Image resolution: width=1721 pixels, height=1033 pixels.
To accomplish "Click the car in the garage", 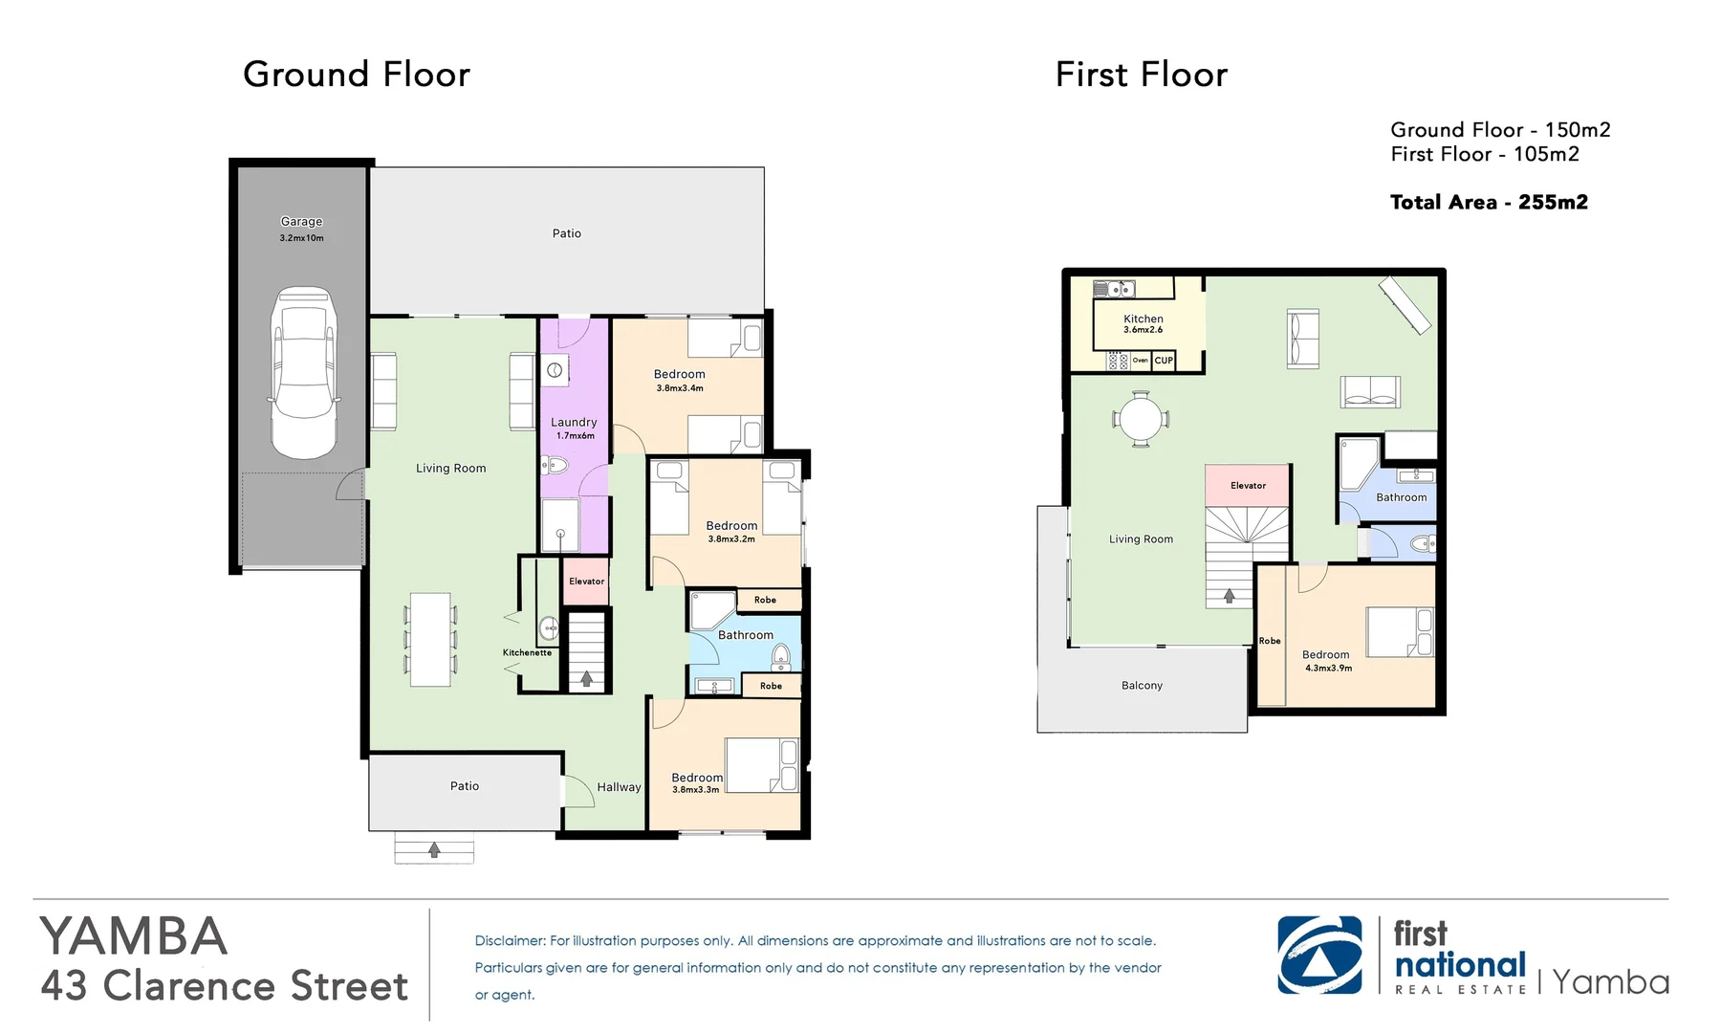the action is tap(305, 373).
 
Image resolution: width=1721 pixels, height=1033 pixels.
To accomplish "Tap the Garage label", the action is tap(301, 221).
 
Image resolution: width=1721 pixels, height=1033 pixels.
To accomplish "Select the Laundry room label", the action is tap(574, 422).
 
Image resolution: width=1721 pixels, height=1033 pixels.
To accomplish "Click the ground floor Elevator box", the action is tap(586, 581).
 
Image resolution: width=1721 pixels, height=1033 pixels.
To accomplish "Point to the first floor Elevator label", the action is tap(1248, 486).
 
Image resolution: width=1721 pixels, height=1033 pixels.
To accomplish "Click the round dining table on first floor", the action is tap(1141, 419).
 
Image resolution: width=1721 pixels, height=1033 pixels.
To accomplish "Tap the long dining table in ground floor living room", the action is tap(430, 640).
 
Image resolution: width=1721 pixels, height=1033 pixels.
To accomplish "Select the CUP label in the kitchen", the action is tap(1164, 361).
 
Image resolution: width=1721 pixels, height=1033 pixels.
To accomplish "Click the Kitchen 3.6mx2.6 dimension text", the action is tap(1144, 330).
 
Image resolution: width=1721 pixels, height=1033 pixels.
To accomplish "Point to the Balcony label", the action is tap(1142, 686).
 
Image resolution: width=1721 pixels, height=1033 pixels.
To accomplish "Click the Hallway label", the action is tap(619, 787).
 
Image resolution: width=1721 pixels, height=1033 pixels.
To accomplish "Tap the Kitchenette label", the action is tap(527, 652).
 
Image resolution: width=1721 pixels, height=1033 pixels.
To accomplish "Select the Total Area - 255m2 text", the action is tap(1489, 202).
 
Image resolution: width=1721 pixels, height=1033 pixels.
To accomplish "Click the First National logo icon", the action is tap(1320, 956).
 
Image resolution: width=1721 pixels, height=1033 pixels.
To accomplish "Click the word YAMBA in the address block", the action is tap(134, 936).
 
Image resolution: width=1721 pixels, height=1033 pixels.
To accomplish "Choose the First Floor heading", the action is tap(1142, 75).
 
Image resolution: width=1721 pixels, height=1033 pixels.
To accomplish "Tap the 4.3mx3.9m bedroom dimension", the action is tap(1329, 669).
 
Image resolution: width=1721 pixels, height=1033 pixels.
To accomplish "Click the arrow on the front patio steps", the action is tap(434, 849).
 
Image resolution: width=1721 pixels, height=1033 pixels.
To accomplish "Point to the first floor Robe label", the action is tap(1270, 641).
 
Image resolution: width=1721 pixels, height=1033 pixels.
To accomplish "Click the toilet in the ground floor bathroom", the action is tap(781, 655).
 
